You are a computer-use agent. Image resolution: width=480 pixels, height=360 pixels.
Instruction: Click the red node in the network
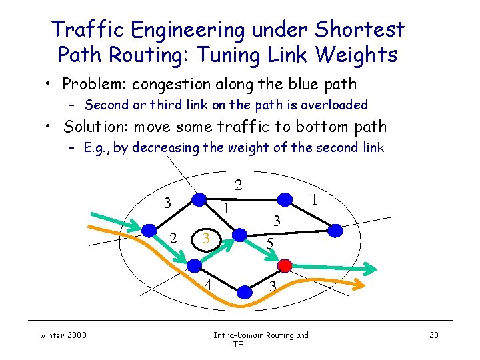pos(285,265)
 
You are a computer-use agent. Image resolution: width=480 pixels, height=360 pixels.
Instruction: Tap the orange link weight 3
pos(207,238)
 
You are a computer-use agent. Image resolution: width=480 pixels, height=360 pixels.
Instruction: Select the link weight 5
pos(269,244)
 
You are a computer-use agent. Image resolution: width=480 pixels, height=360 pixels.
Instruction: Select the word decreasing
pos(165,147)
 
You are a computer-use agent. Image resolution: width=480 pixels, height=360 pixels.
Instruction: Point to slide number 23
pos(433,335)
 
